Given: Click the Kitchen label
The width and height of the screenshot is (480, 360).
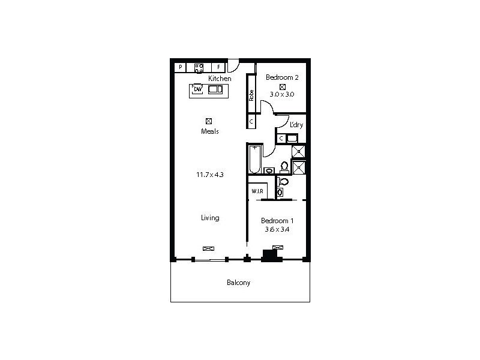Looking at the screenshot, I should (220, 79).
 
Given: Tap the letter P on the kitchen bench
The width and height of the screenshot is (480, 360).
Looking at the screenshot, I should (180, 67).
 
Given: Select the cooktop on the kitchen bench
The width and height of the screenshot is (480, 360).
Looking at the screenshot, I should (199, 67).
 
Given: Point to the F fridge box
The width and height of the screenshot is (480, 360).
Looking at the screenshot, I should (219, 67).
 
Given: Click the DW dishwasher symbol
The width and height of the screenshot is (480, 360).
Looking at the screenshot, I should (197, 90).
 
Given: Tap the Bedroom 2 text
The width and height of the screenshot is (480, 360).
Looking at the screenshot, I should (282, 77).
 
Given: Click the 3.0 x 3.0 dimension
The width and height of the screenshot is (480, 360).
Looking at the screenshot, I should (282, 94).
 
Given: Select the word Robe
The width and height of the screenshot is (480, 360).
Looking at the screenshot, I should (252, 95).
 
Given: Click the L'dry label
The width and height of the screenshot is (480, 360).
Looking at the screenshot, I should (296, 125).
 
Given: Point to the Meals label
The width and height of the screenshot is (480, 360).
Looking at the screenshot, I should (209, 131).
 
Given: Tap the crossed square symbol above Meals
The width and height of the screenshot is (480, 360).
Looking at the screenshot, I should (209, 121).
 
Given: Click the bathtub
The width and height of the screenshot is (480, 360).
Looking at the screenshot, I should (255, 159).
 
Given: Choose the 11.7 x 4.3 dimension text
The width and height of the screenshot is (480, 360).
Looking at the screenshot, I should (209, 175).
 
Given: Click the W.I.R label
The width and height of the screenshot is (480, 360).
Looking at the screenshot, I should (258, 191).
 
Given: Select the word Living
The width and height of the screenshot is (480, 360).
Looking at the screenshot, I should (210, 218).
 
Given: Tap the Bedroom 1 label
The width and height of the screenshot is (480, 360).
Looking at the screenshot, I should (277, 220).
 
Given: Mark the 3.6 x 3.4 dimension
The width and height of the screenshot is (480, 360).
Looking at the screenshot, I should (277, 229).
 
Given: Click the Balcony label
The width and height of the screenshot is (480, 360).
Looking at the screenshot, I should (238, 283).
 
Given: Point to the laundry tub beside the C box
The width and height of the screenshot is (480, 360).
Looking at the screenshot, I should (292, 139).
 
